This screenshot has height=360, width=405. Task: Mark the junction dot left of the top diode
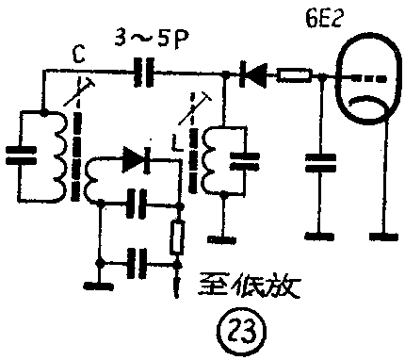coord(225,74)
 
